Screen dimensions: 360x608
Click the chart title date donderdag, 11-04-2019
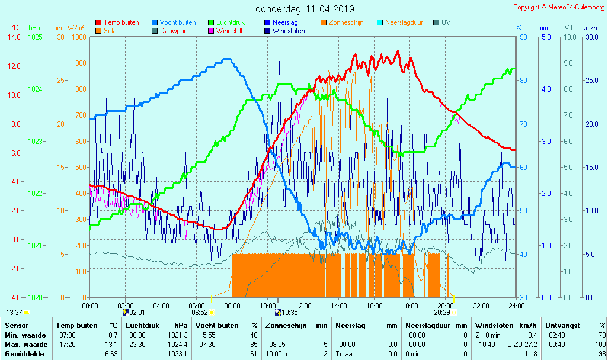coord(305,9)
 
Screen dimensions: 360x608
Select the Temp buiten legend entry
coord(121,22)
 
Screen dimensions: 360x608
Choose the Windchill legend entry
coord(228,31)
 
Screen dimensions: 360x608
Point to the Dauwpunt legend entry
coord(175,31)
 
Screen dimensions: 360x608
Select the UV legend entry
coord(446,22)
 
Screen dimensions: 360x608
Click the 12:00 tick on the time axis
coord(303,306)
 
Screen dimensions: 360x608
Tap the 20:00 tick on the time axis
coord(446,306)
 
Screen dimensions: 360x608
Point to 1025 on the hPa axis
coord(35,37)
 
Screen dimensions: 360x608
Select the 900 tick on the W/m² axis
coord(80,63)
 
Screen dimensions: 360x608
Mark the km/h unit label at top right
coord(589,28)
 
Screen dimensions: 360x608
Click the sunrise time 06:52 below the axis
coord(199,313)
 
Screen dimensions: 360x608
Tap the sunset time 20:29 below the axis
coord(442,313)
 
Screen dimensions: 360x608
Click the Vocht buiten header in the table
coord(217,325)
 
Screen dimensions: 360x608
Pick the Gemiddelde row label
coord(24,354)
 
